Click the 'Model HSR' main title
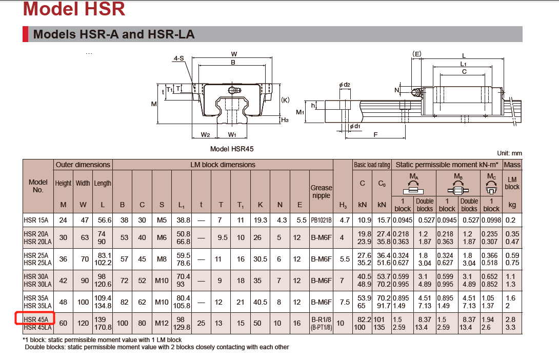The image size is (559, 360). (74, 9)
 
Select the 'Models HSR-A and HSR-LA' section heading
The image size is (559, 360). (113, 34)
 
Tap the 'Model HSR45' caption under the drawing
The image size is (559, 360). (232, 149)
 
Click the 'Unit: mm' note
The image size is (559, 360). (509, 153)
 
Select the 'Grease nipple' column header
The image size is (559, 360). (321, 191)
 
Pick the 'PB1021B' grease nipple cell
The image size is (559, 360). (321, 221)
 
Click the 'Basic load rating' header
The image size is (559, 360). (372, 165)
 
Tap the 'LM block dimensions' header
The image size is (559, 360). (222, 165)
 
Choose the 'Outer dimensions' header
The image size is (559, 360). (83, 165)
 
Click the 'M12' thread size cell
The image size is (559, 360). (162, 323)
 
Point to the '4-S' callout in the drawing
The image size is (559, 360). (178, 58)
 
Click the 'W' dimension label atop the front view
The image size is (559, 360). (234, 54)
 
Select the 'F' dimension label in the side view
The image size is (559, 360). (376, 134)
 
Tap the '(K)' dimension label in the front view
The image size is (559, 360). (286, 100)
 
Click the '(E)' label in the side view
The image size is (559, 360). (416, 53)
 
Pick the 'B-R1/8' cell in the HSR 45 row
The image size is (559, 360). (321, 319)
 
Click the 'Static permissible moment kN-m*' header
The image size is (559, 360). (447, 165)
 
